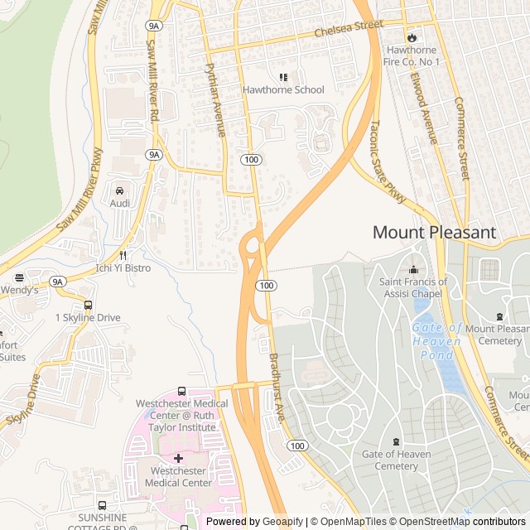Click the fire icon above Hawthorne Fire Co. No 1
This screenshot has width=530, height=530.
[412, 37]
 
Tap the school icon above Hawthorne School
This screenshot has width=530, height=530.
[283, 77]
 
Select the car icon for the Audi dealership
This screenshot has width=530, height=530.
[120, 190]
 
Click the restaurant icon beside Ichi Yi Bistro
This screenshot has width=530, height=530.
[123, 255]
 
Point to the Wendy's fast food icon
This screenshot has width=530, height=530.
[18, 277]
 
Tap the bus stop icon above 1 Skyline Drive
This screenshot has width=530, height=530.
[88, 305]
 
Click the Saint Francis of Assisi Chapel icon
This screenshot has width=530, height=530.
[413, 269]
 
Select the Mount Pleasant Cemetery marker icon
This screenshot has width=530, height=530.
[499, 316]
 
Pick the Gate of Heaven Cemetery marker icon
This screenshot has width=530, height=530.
[395, 441]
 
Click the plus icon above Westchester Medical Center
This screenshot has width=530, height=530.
[178, 458]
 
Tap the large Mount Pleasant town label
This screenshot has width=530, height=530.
[434, 233]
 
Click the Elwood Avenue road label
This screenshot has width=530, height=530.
[423, 107]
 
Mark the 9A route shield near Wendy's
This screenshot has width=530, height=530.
[56, 282]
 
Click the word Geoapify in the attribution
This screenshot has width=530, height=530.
[282, 522]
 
